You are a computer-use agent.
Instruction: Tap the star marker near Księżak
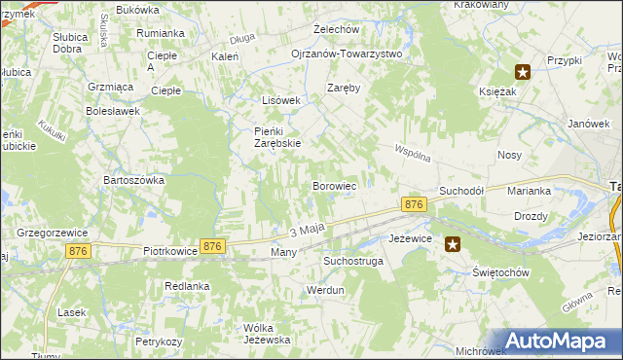pyautogui.click(x=523, y=71)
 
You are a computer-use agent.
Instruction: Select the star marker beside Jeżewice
pyautogui.click(x=453, y=245)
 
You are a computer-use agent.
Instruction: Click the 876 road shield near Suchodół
pyautogui.click(x=414, y=204)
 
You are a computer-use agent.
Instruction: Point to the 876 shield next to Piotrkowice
pyautogui.click(x=212, y=247)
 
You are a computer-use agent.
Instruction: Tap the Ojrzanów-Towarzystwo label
pyautogui.click(x=347, y=54)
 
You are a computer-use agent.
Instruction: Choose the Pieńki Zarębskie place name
pyautogui.click(x=271, y=137)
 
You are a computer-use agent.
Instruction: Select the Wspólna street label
pyautogui.click(x=413, y=153)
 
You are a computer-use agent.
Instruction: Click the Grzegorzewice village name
pyautogui.click(x=54, y=233)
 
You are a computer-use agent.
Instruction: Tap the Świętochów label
pyautogui.click(x=501, y=272)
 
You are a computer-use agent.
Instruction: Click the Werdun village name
pyautogui.click(x=326, y=290)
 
